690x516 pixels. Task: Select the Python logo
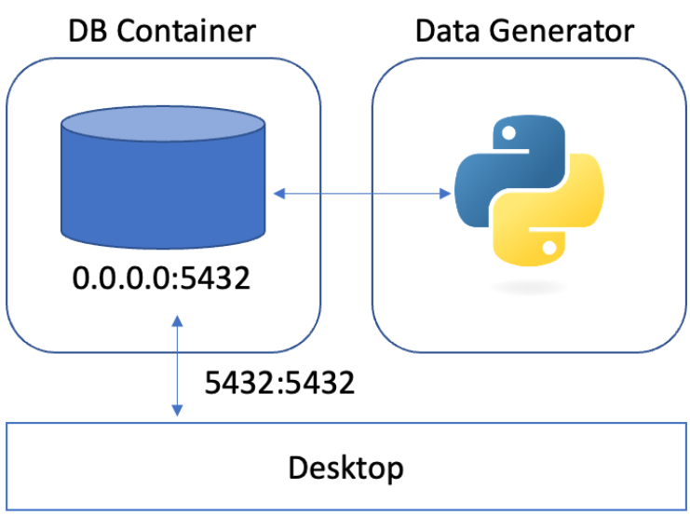pyautogui.click(x=527, y=194)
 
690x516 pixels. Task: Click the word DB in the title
pyautogui.click(x=89, y=31)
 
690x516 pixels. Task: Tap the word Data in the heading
pyautogui.click(x=447, y=31)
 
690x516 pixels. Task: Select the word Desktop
pyautogui.click(x=346, y=467)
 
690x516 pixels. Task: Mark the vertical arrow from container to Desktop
pyautogui.click(x=176, y=366)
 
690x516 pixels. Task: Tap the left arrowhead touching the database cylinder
pyautogui.click(x=278, y=194)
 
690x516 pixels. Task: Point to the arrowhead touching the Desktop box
pyautogui.click(x=176, y=414)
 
